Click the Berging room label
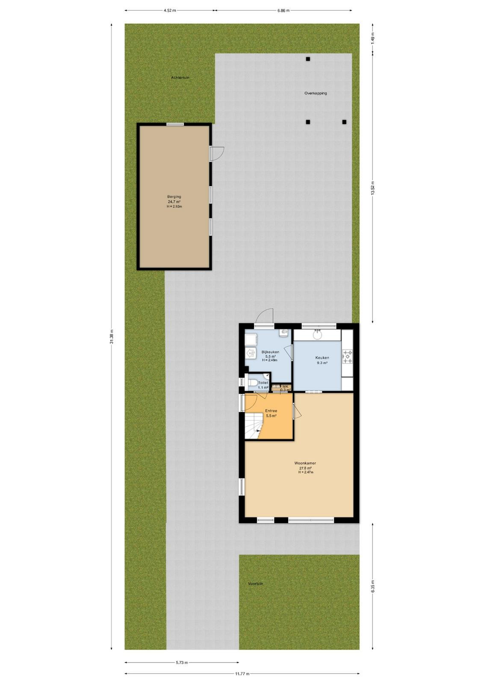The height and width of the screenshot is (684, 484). (x=174, y=197)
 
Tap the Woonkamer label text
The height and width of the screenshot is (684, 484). (x=305, y=463)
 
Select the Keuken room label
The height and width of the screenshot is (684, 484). (x=322, y=357)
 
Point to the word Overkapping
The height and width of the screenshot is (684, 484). (x=316, y=93)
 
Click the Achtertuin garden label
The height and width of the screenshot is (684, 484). (x=180, y=77)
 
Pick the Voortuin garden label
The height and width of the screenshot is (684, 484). (x=256, y=584)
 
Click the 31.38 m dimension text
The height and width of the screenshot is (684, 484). (x=112, y=336)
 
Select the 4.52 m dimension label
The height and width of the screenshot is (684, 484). (x=170, y=10)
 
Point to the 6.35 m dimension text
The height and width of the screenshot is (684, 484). (x=372, y=586)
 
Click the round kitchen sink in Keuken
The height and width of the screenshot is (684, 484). (x=317, y=335)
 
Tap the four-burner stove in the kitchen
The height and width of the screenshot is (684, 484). (x=347, y=357)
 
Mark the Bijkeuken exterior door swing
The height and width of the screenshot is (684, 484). (x=264, y=316)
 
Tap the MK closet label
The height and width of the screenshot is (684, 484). (x=286, y=386)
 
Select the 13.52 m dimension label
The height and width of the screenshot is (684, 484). (x=372, y=188)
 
